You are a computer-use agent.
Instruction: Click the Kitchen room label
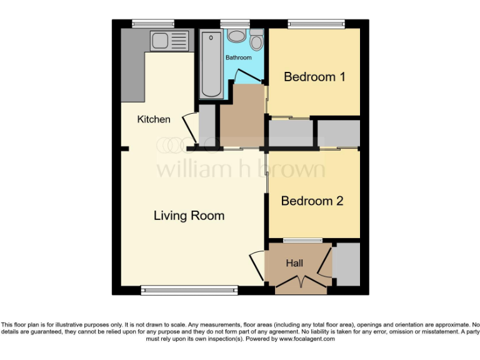(x=154, y=119)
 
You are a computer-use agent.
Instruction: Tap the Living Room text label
(x=189, y=216)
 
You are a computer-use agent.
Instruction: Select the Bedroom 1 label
(x=314, y=77)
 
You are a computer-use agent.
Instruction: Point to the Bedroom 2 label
(x=312, y=201)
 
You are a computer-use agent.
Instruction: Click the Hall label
(x=294, y=263)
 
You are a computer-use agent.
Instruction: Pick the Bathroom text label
(x=238, y=57)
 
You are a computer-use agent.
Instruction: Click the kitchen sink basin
(x=159, y=41)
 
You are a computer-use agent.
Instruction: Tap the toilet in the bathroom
(x=256, y=41)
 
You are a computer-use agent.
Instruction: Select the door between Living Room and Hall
(x=256, y=264)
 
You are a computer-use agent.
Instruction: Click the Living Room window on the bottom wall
(x=189, y=289)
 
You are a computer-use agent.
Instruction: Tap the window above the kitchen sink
(x=153, y=24)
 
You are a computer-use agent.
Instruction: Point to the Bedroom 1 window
(x=316, y=24)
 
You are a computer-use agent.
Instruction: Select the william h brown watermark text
(x=240, y=169)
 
